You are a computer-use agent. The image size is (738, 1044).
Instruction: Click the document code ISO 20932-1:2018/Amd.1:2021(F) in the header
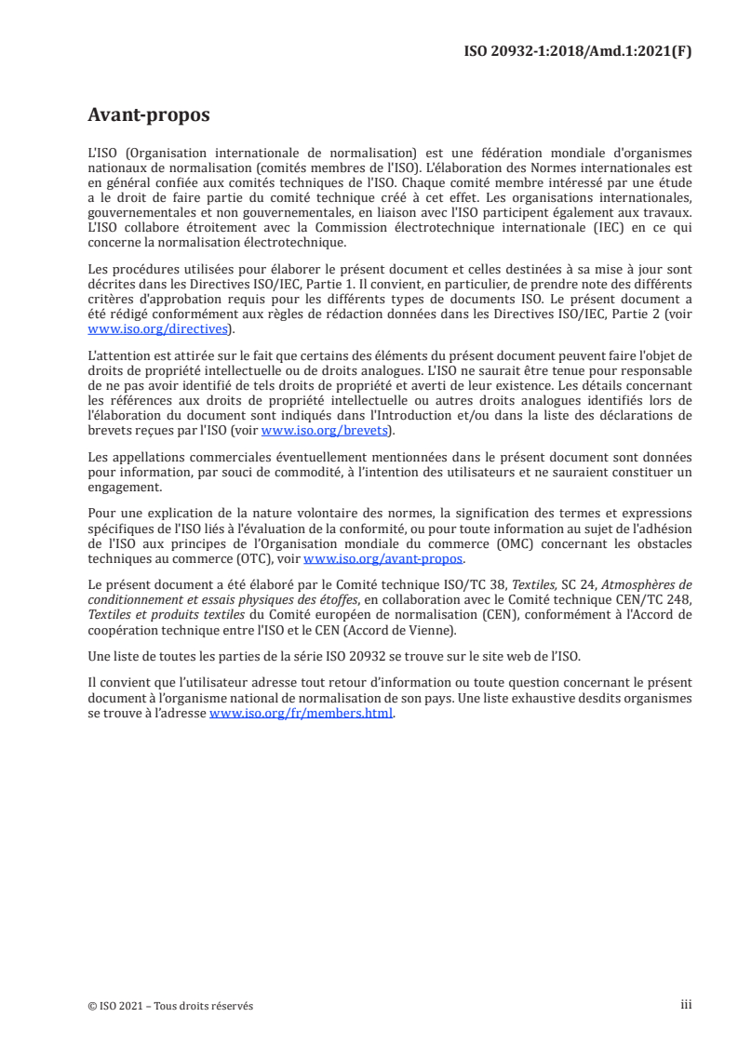[577, 51]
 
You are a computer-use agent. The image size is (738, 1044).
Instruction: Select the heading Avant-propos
[148, 115]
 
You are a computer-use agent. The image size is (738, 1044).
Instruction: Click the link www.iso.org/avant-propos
[384, 559]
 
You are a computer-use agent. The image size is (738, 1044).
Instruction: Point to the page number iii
[686, 1005]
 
